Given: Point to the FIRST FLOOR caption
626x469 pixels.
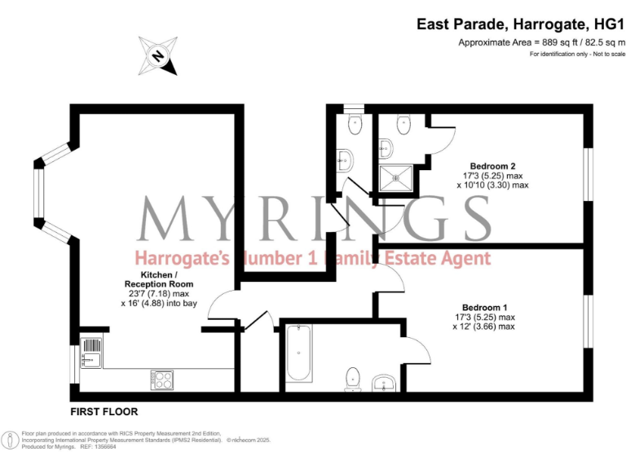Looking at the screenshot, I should pyautogui.click(x=104, y=411).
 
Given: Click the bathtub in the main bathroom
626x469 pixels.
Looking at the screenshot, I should pyautogui.click(x=298, y=353).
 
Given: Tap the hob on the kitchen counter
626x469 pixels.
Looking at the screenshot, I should pyautogui.click(x=161, y=379).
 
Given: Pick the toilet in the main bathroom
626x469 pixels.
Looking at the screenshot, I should pyautogui.click(x=353, y=378).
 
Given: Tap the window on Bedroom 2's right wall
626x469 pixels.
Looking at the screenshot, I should pyautogui.click(x=587, y=172).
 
